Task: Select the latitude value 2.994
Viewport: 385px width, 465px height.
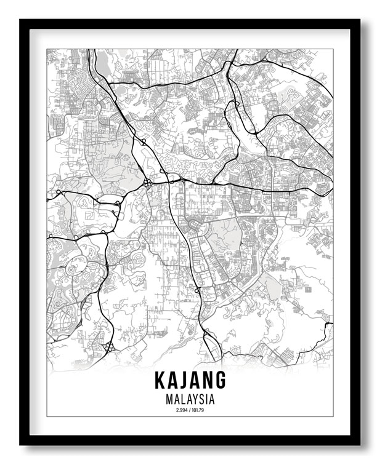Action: click(182, 409)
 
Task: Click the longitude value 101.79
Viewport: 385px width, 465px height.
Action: click(198, 409)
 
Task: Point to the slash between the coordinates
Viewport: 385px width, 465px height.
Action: click(190, 409)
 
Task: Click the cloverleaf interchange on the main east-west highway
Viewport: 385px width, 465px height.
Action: click(148, 183)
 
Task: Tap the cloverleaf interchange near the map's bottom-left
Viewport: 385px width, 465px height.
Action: click(108, 348)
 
